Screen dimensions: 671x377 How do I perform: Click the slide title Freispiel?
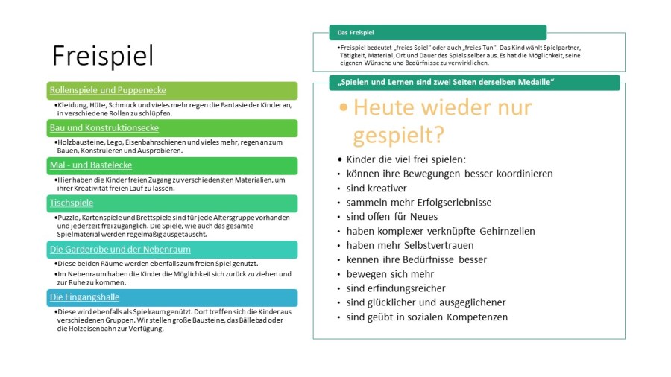102,56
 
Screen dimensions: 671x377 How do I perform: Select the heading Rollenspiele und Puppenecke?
108,90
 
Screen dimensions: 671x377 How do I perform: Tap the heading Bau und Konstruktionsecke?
104,128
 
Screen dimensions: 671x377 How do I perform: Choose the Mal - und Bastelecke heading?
91,165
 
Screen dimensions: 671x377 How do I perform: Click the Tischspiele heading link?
72,203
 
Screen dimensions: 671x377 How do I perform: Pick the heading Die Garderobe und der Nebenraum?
120,249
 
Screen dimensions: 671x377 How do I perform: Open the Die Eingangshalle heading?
84,297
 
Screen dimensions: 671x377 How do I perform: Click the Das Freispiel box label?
356,33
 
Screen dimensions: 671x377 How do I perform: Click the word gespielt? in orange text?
398,135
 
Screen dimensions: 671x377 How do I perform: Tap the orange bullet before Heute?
343,107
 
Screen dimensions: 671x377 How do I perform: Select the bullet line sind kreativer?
377,188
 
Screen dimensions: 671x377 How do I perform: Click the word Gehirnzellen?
507,231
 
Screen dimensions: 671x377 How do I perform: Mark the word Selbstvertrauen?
438,245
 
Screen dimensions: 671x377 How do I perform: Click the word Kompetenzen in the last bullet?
477,317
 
